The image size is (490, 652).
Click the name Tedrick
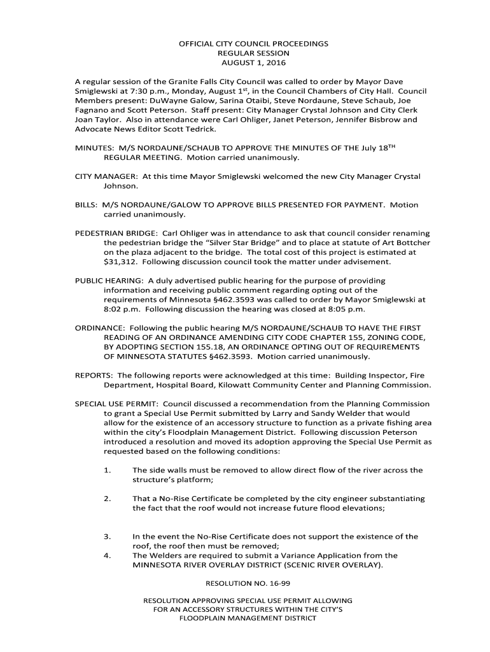click(199, 129)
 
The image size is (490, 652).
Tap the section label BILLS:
click(87, 205)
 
